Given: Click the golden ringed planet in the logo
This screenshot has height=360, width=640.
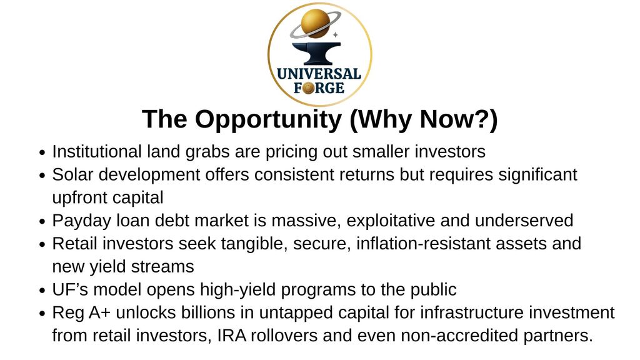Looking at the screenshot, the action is coord(315,24).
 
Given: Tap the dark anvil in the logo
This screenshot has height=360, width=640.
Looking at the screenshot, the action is coord(316,53).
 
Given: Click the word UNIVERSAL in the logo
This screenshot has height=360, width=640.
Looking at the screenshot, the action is coord(319,74).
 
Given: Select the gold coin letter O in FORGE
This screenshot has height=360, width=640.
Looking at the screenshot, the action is coord(309,87).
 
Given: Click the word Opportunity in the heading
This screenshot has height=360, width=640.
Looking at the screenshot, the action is coord(268,119).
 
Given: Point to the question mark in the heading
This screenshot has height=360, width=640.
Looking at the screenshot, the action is coord(482,119).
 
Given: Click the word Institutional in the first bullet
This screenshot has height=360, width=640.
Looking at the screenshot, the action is coord(97,151).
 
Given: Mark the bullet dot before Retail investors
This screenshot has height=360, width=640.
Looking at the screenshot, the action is coord(42,245).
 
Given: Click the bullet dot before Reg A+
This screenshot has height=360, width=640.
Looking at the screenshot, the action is coord(42,314).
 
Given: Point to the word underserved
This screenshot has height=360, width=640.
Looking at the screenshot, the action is coord(524,221).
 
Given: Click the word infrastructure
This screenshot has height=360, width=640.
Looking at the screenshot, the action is coord(472,312).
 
